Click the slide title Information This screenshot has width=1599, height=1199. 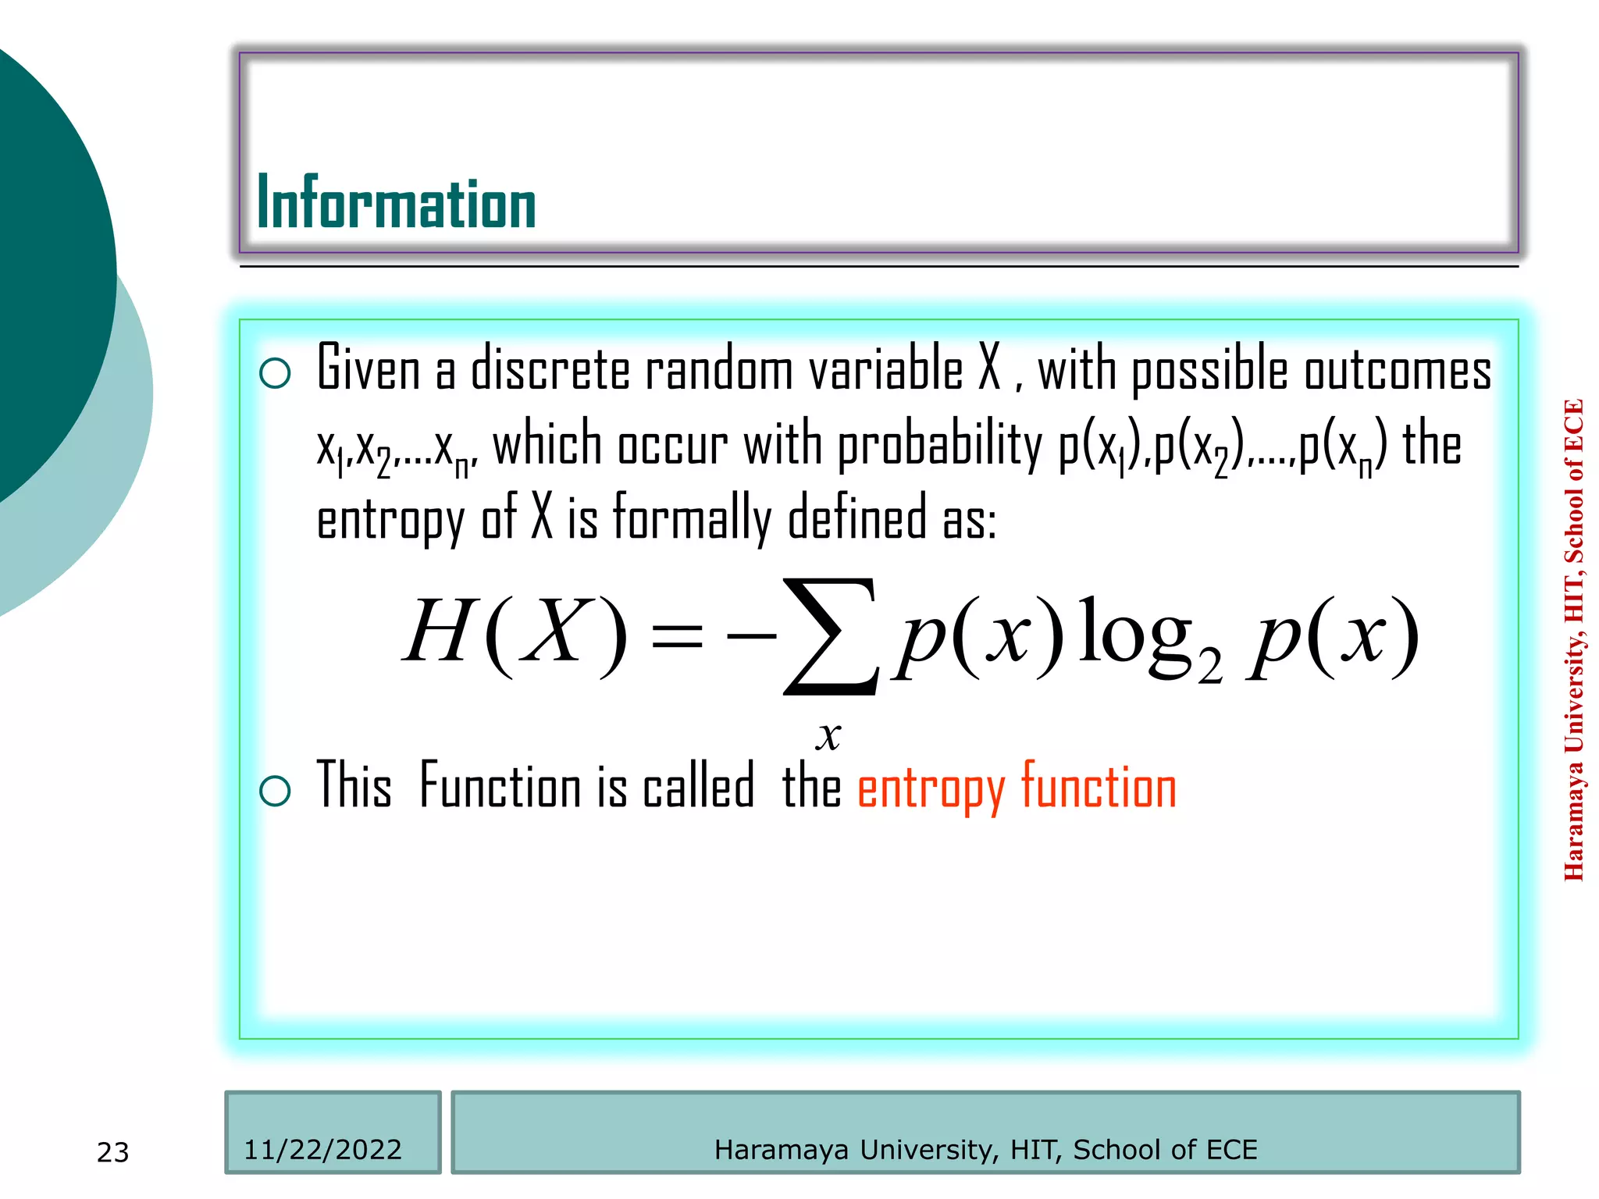(x=396, y=203)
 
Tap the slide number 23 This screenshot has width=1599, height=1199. (x=112, y=1152)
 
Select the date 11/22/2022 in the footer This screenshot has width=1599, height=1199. (x=322, y=1150)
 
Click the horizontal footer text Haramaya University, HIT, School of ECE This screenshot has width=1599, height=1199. (x=985, y=1150)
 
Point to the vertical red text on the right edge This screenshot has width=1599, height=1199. (x=1574, y=640)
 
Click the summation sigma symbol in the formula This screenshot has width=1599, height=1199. (x=831, y=636)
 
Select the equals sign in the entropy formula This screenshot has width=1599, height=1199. (x=676, y=636)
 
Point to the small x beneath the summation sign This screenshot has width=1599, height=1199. (x=828, y=735)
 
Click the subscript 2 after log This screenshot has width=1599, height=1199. (x=1209, y=667)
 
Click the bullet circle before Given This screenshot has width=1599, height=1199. (x=275, y=373)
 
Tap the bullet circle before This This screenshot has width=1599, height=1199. (x=275, y=791)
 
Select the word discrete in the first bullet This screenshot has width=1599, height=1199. (x=550, y=369)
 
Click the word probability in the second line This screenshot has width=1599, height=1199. (x=939, y=445)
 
